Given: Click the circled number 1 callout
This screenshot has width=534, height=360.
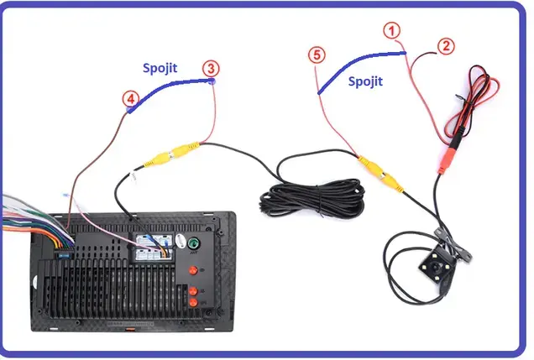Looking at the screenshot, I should [x=391, y=30].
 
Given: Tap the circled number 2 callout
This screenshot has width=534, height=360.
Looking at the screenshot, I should [x=446, y=46].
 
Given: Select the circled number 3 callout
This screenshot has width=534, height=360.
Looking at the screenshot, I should [x=212, y=67].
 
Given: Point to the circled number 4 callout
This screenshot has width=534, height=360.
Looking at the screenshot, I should [x=129, y=99].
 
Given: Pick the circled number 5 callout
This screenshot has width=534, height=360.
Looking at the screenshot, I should [x=316, y=55].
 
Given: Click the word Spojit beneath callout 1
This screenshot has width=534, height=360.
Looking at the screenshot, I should [x=365, y=81].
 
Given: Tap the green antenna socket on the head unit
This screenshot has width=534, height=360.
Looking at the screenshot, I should [x=194, y=245].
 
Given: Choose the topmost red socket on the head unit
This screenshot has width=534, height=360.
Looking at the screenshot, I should [x=195, y=270].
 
